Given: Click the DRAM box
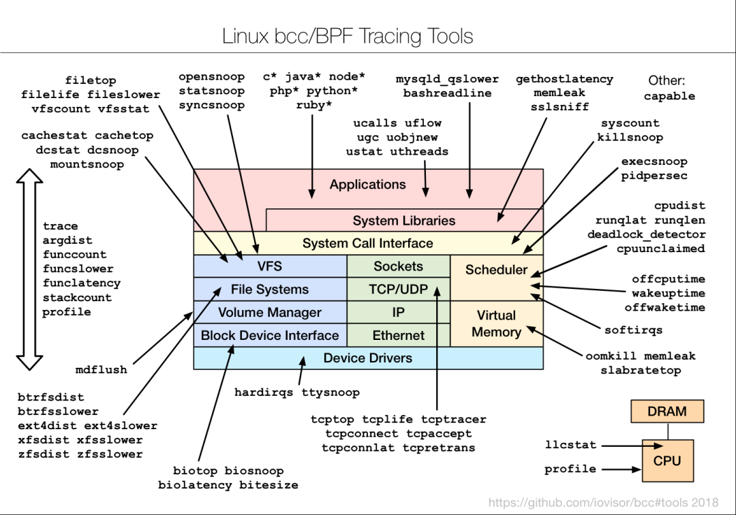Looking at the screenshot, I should pos(666,411).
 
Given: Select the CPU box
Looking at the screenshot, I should pos(666,461).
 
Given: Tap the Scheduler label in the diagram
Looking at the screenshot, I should pos(496,270).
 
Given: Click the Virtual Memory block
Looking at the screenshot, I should pos(496,324).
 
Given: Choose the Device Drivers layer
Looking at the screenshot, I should pos(368,358).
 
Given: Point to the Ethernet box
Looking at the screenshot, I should pos(399,335).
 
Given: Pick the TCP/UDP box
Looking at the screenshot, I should pos(399,290).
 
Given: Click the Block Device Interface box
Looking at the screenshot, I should pos(270,335).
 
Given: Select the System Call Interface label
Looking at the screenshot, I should pos(368,243).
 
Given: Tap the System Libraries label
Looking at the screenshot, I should pos(404,221).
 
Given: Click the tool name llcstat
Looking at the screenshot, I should pos(570,445).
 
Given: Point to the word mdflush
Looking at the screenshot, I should pos(101,370).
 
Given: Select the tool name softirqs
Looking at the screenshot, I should pos(633,330).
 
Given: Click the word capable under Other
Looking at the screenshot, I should pos(669,97).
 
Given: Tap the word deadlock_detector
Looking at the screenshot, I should pos(646,234).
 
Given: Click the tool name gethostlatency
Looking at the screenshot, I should pos(564,79).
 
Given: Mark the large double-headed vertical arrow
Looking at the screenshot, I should pos(29,269).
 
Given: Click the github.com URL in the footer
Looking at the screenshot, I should pos(603,503).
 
